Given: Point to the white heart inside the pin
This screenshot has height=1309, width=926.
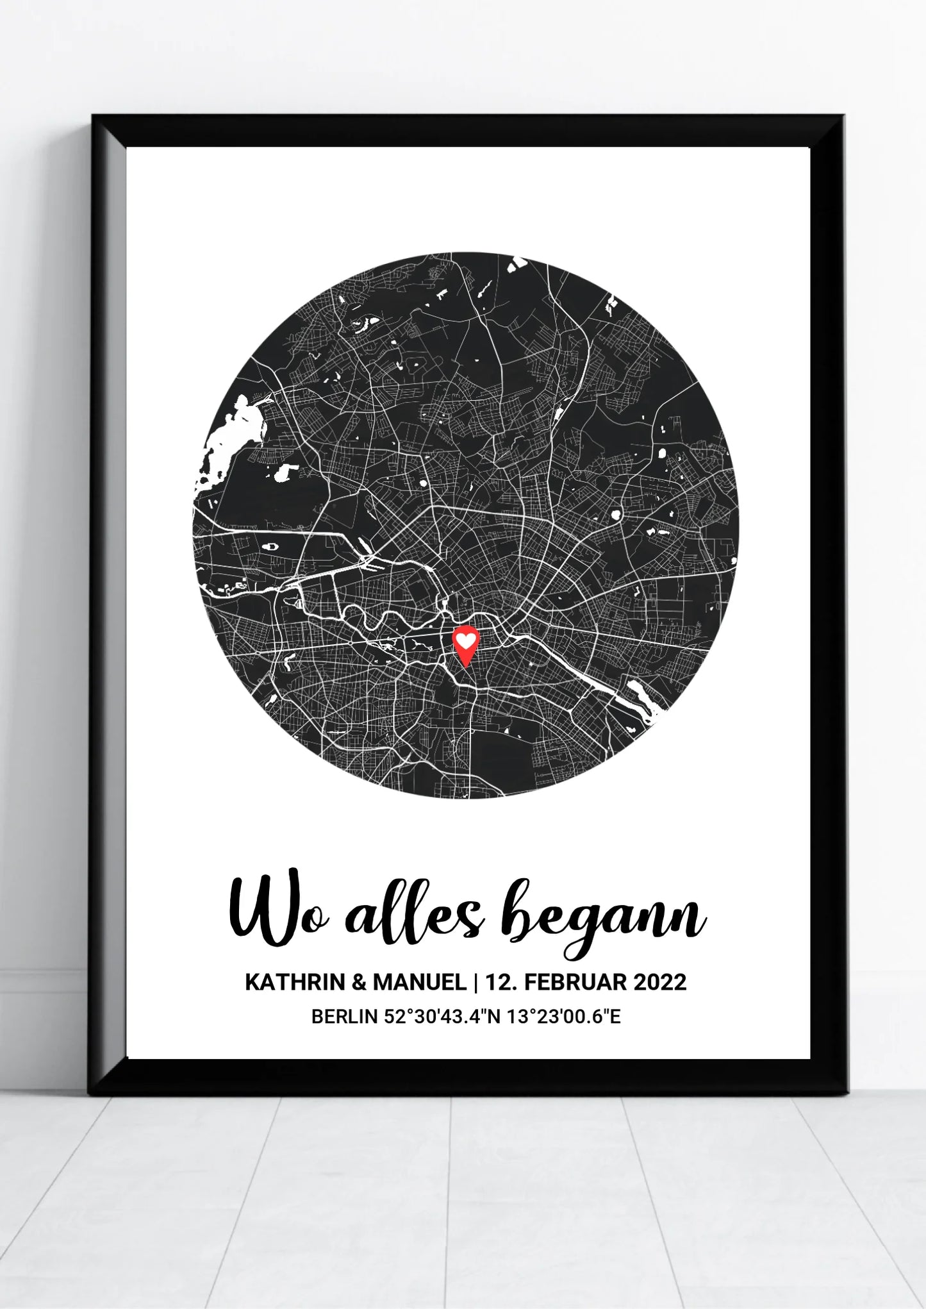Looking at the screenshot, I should coord(466,640).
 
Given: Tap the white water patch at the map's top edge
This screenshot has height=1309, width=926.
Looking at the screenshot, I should coord(517,263).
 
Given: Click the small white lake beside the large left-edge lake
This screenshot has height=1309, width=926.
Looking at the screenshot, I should coord(281,472).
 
